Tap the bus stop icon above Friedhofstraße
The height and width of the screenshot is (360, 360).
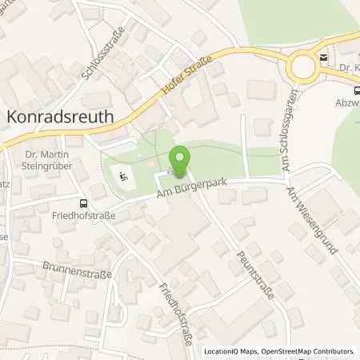coord(82,203)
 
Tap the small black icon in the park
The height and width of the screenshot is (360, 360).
coord(122,175)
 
